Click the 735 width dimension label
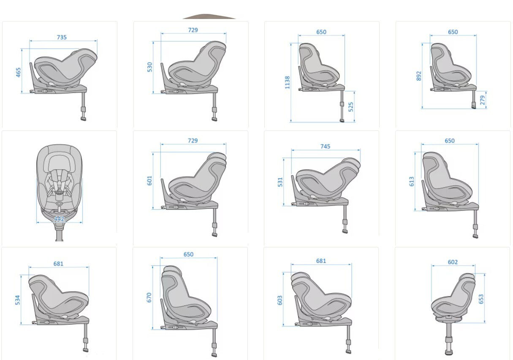tap(62, 37)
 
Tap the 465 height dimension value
tap(18, 72)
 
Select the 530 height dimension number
tap(149, 67)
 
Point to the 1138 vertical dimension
tap(287, 82)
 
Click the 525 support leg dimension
tap(350, 107)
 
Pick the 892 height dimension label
tap(419, 76)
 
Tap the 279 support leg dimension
tap(482, 100)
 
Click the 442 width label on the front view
tap(59, 219)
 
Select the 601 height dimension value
tap(149, 181)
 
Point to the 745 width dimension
tap(325, 146)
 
